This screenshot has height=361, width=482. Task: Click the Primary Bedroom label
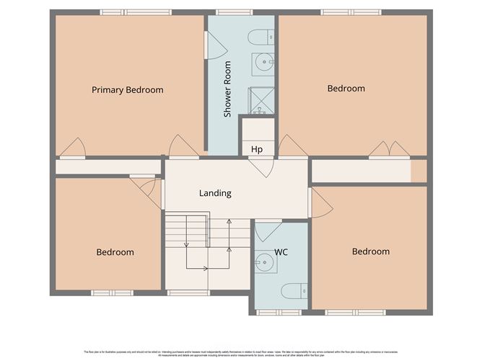(127, 90)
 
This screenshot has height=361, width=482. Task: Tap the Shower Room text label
(227, 89)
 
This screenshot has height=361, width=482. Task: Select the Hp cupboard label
(256, 150)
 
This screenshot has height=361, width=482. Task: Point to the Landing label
(215, 193)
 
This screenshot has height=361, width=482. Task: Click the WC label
(281, 253)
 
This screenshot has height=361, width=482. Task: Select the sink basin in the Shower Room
(263, 62)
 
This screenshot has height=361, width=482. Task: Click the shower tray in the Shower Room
(262, 102)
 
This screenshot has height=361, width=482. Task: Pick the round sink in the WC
(265, 264)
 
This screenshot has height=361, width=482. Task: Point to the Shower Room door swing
(216, 45)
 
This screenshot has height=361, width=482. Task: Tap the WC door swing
(268, 230)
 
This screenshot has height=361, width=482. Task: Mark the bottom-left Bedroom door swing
(147, 190)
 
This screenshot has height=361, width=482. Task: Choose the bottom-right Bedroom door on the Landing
(320, 203)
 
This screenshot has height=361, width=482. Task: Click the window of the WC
(279, 313)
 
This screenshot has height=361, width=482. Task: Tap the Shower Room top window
(229, 12)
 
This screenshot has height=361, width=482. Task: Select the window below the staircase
(188, 293)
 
